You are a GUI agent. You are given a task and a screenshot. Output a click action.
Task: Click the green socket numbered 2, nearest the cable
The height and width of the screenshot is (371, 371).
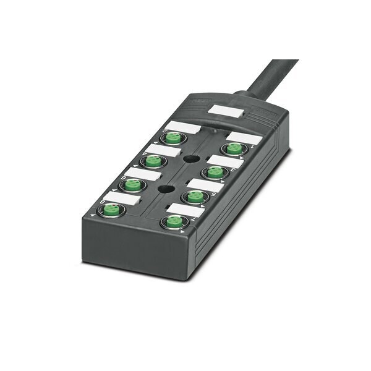(x=234, y=148)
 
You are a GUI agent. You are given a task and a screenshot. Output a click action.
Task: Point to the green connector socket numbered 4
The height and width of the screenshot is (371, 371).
(x=215, y=171)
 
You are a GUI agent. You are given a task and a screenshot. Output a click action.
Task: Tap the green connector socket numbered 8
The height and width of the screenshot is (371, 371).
(x=174, y=221)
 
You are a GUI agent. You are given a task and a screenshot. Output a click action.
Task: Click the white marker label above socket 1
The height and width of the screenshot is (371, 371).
(x=184, y=127)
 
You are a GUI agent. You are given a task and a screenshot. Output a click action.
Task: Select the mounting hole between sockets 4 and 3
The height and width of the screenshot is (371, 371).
(x=187, y=159)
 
